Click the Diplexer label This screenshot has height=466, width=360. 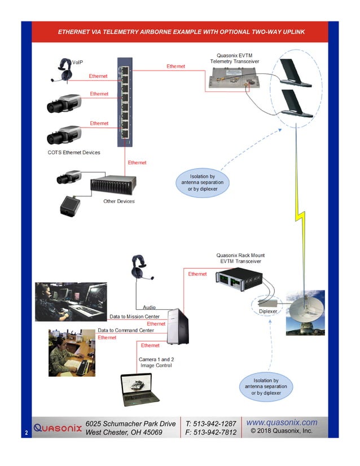(267, 311)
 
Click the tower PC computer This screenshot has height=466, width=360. (178, 326)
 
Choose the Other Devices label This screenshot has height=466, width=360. (118, 201)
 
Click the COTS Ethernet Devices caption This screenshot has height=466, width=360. (74, 153)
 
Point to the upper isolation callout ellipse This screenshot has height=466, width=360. (202, 183)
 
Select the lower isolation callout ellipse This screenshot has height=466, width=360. (266, 386)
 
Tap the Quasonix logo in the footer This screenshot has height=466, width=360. (58, 427)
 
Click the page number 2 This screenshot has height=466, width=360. (26, 433)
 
